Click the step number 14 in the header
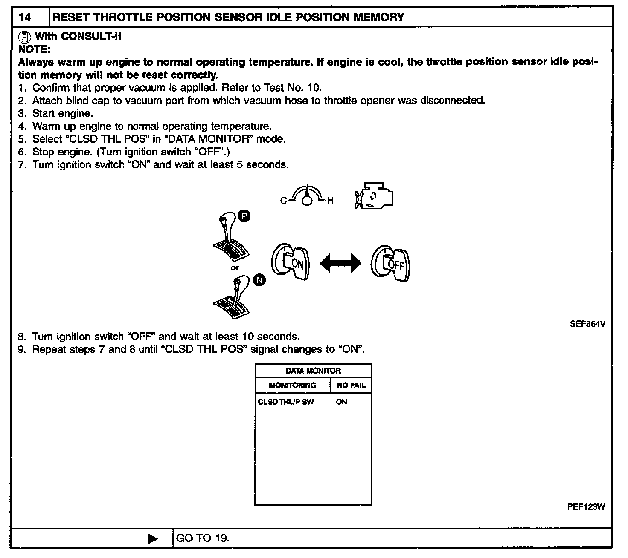[25, 17]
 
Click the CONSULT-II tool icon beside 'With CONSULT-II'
[25, 36]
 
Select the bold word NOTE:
[34, 49]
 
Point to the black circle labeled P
[244, 216]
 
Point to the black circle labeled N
[259, 280]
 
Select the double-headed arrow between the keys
[340, 263]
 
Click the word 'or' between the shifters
[235, 268]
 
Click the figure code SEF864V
[587, 324]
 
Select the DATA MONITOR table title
[313, 371]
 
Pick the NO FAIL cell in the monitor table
[351, 385]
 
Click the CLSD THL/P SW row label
[285, 402]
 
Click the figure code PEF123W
[586, 507]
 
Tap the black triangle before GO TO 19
[152, 539]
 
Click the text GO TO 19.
[203, 538]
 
